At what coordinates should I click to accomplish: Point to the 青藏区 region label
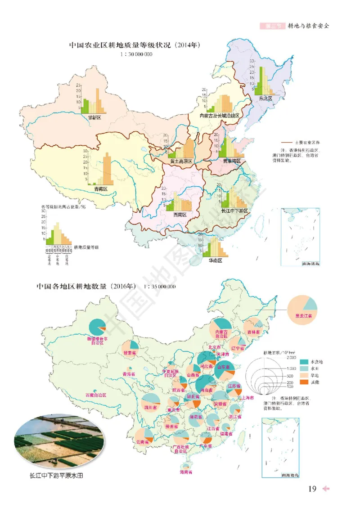coord(101,189)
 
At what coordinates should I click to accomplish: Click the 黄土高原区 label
coord(181,161)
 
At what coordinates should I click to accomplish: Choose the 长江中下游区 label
coord(234,211)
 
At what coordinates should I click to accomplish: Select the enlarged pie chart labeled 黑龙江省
coord(302,308)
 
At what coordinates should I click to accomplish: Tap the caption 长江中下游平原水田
coord(56,475)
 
